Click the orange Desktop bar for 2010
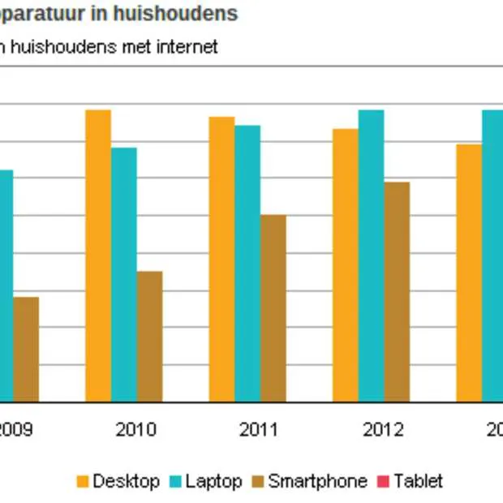click(x=98, y=256)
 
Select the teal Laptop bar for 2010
click(x=124, y=274)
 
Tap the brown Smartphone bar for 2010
click(x=149, y=336)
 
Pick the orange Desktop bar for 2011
click(x=221, y=259)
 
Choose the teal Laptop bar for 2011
click(x=247, y=263)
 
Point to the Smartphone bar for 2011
click(x=273, y=307)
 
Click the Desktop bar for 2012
click(x=345, y=264)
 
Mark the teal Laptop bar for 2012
click(x=371, y=256)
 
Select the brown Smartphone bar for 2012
click(x=397, y=291)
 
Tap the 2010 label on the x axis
click(x=136, y=429)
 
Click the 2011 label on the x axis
click(x=260, y=429)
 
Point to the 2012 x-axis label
click(x=383, y=429)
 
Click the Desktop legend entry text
click(x=126, y=481)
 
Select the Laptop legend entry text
click(x=213, y=481)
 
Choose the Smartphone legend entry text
click(x=317, y=481)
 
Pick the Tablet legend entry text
click(x=419, y=481)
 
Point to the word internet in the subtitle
click(x=185, y=47)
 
